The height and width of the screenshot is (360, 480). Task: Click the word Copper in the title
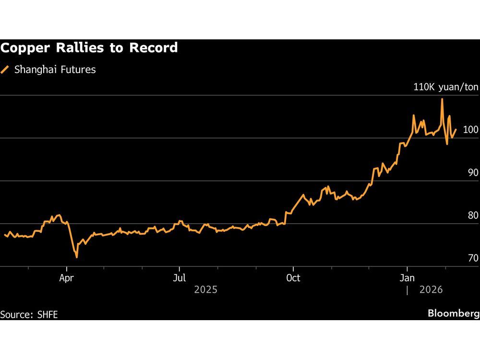(24, 48)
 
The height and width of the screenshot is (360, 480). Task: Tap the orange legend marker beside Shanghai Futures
(5, 70)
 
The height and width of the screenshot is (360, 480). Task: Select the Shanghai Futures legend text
(55, 70)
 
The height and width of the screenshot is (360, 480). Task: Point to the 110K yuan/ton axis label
(446, 87)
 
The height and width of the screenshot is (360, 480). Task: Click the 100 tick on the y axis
(470, 130)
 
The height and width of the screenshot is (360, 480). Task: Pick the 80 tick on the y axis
(473, 216)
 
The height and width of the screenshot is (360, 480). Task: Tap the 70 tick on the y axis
(473, 258)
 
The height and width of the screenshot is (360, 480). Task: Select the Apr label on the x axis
(67, 278)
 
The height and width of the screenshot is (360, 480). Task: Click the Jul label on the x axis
(180, 278)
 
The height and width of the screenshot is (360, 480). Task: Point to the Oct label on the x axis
(293, 278)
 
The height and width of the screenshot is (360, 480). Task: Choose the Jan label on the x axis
(407, 278)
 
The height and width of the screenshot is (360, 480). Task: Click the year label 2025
(205, 290)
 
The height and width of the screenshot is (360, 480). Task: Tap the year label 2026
(430, 290)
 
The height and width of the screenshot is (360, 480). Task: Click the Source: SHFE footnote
(32, 315)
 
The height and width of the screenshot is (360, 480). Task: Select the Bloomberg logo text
(453, 314)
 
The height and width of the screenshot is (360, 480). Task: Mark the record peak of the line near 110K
(442, 99)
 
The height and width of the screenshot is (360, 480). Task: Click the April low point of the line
(77, 257)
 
